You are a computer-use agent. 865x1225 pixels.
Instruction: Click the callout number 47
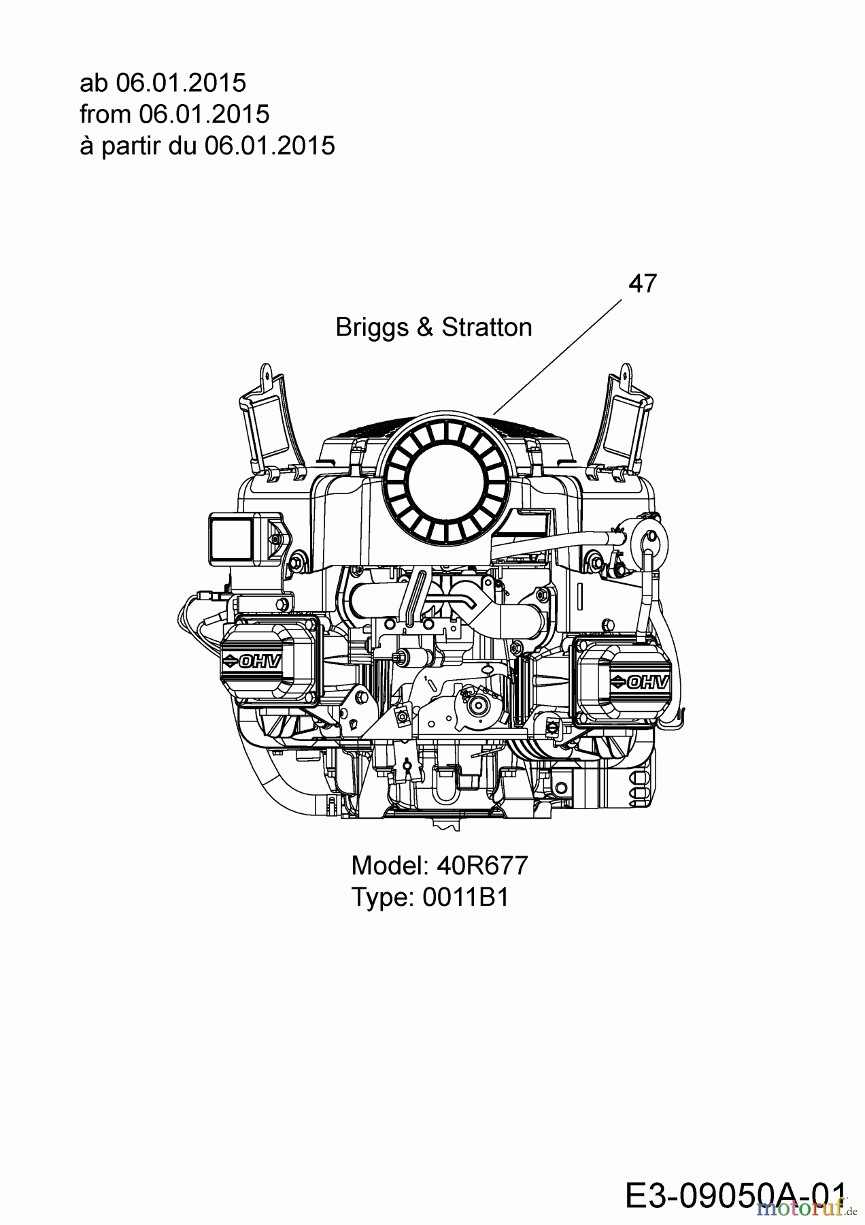coord(642,284)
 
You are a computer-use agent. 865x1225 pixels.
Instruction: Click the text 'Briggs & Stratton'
coord(433,327)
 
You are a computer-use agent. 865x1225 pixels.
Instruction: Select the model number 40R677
coord(482,866)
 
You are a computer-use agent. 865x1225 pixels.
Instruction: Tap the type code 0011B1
coord(465,897)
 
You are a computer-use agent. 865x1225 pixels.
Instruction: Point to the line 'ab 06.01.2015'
coord(163,83)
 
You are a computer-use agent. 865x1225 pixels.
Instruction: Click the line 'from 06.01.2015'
coord(174,114)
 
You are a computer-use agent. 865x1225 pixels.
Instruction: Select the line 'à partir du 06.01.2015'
coord(207,146)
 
